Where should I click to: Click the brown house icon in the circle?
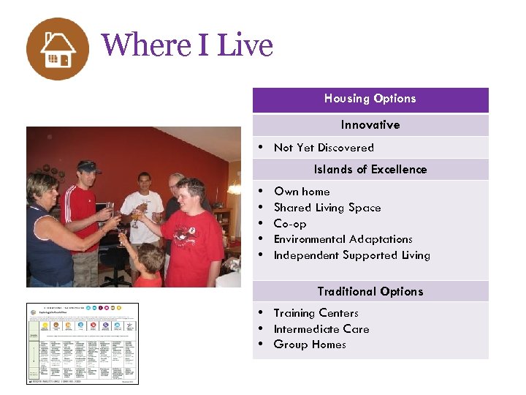pyautogui.click(x=58, y=49)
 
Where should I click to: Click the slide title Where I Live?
pyautogui.click(x=187, y=45)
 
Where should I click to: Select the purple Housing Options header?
pyautogui.click(x=370, y=99)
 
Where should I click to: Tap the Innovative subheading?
pyautogui.click(x=370, y=125)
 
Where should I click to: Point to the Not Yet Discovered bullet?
pyautogui.click(x=323, y=148)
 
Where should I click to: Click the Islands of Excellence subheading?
pyautogui.click(x=370, y=170)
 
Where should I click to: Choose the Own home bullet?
pyautogui.click(x=301, y=192)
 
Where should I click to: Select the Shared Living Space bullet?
pyautogui.click(x=327, y=208)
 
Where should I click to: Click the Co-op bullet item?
pyautogui.click(x=289, y=224)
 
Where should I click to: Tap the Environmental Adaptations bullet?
pyautogui.click(x=343, y=239)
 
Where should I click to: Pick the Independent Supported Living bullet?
pyautogui.click(x=351, y=255)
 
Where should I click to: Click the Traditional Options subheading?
pyautogui.click(x=370, y=291)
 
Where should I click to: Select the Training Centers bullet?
pyautogui.click(x=316, y=313)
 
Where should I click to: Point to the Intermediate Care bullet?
pyautogui.click(x=321, y=329)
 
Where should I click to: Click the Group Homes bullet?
pyautogui.click(x=309, y=345)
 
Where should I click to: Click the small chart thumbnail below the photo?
pyautogui.click(x=82, y=343)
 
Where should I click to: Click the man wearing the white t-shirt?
pyautogui.click(x=143, y=212)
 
